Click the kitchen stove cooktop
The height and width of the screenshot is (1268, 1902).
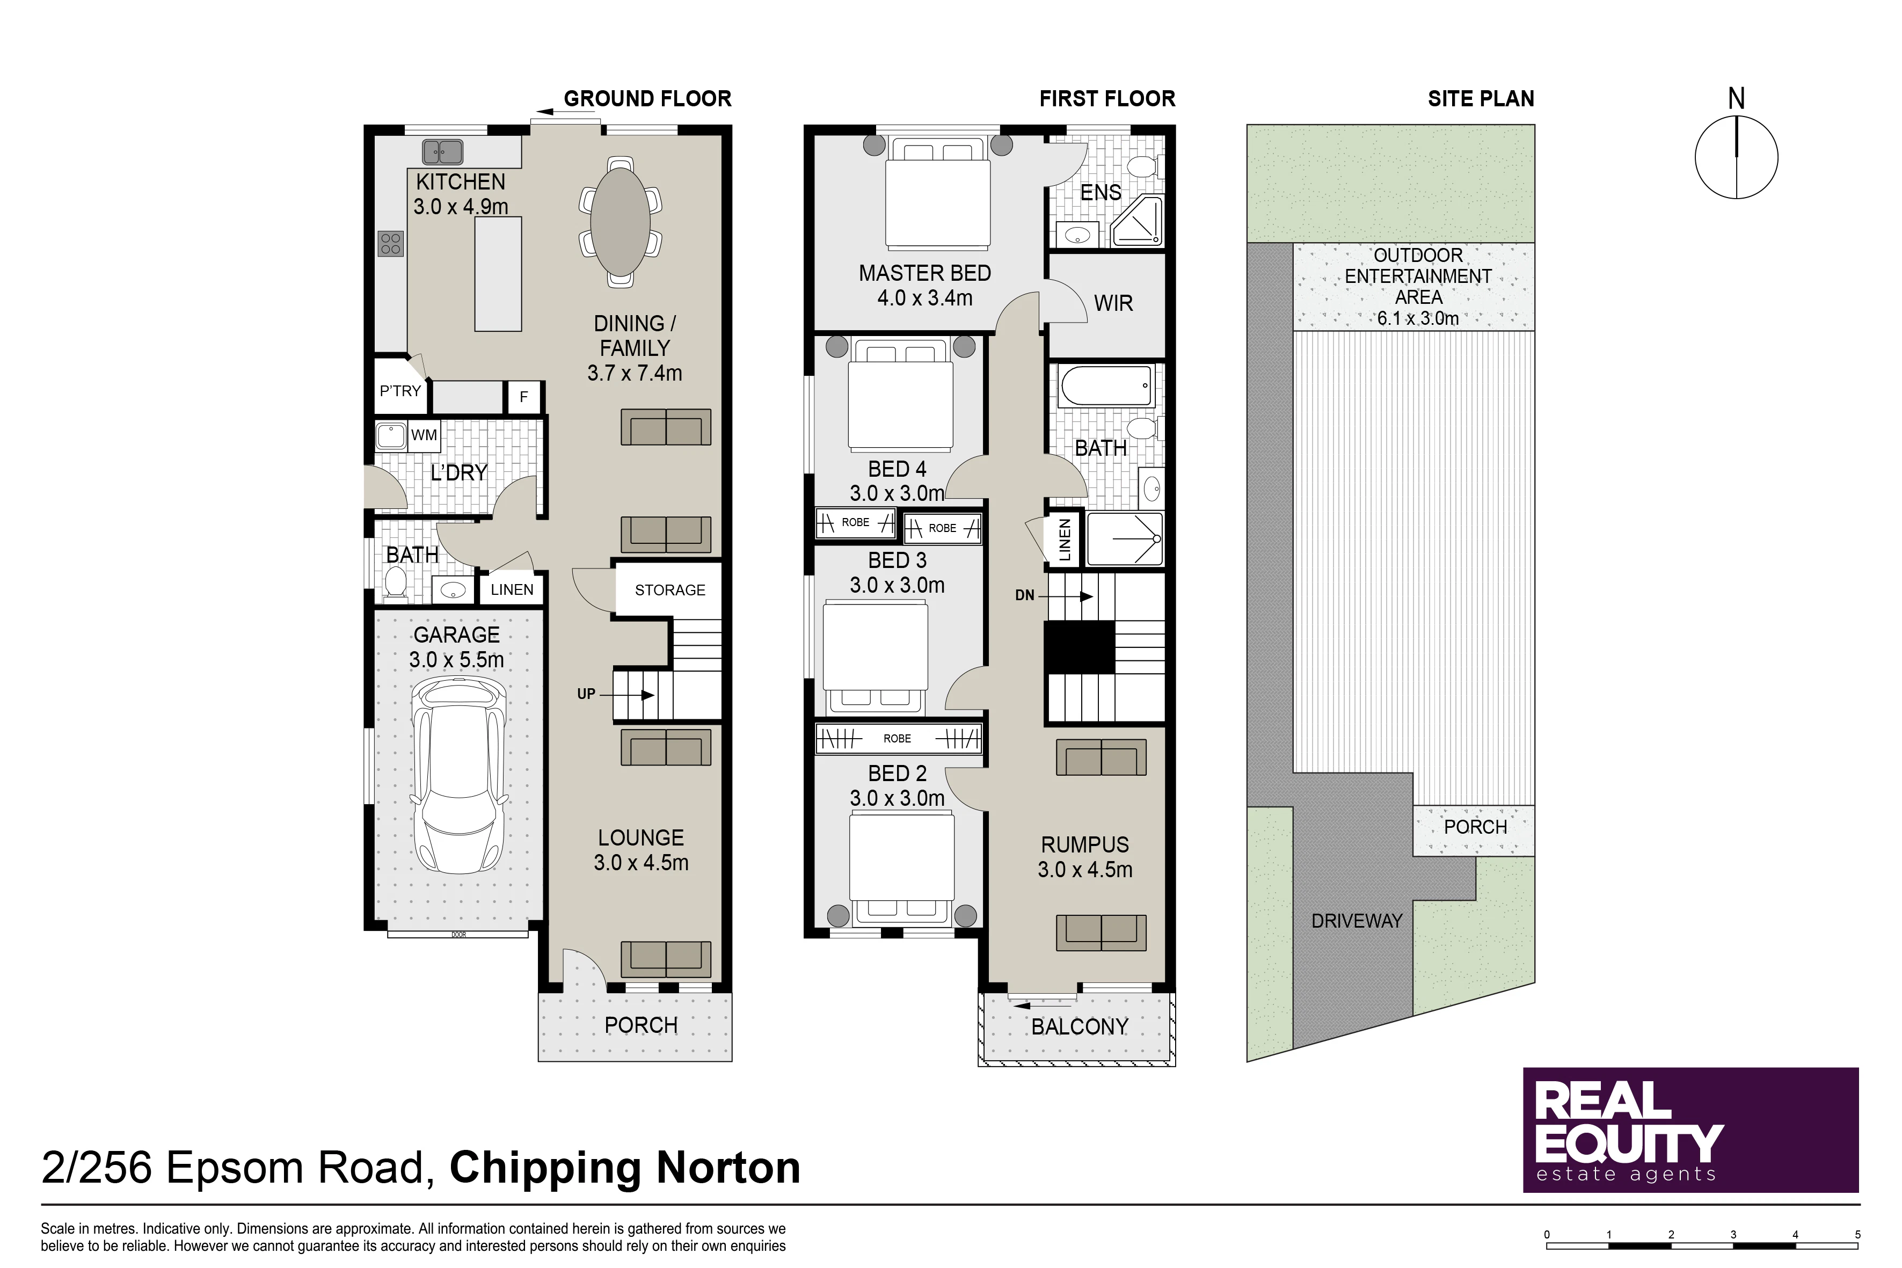point(391,243)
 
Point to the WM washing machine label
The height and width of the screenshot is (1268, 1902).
point(424,435)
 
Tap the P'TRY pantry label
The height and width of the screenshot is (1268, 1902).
point(400,391)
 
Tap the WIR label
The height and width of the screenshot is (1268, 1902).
point(1113,303)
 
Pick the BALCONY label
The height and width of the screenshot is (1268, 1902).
point(1080,1027)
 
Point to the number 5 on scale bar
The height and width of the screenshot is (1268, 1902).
point(1857,1235)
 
